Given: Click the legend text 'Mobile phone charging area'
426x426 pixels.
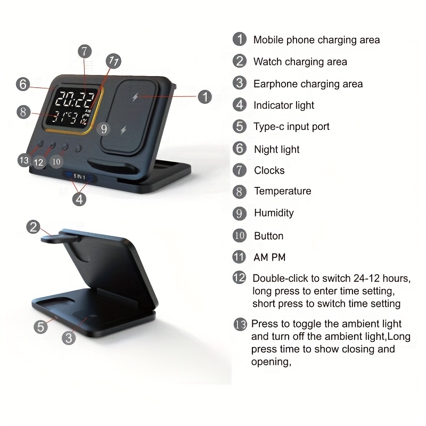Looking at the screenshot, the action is click(x=316, y=40).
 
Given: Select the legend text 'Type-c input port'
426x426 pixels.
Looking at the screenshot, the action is click(x=291, y=127).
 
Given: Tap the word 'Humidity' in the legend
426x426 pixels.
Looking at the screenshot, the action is click(x=274, y=212).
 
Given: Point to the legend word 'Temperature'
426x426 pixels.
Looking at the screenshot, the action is click(x=283, y=191).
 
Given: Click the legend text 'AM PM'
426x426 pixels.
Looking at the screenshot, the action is click(x=269, y=257).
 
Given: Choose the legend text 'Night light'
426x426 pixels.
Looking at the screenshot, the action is click(x=276, y=150).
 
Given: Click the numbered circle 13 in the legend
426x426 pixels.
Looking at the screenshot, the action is click(x=240, y=324).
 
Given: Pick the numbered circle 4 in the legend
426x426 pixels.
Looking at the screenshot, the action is click(x=240, y=105).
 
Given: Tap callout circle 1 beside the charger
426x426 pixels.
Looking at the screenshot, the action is click(x=205, y=97).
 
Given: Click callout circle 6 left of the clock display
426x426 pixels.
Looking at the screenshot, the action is click(x=23, y=84).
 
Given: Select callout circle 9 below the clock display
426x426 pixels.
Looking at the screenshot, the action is click(x=103, y=129).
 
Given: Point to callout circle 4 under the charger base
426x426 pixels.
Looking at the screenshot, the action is click(x=79, y=199).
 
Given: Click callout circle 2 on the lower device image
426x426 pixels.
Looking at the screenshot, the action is click(x=34, y=227).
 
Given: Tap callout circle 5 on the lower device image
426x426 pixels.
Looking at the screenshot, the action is click(x=41, y=326).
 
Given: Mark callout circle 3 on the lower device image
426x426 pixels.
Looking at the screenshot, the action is click(x=69, y=338).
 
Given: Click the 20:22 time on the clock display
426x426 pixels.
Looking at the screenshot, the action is click(x=75, y=99).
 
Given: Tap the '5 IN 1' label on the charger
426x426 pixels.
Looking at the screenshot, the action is click(x=79, y=177).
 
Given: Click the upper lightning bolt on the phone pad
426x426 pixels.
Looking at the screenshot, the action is click(x=135, y=97).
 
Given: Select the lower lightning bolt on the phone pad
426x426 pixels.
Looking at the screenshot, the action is click(x=124, y=130).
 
